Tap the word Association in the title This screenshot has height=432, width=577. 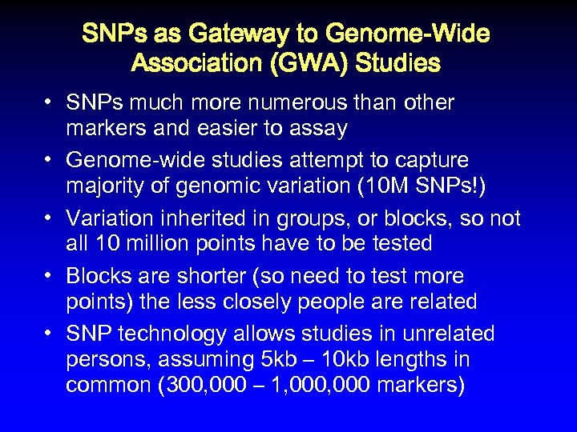click(195, 63)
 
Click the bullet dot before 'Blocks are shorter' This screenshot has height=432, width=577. click(49, 276)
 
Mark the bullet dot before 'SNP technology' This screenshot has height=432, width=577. click(49, 334)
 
